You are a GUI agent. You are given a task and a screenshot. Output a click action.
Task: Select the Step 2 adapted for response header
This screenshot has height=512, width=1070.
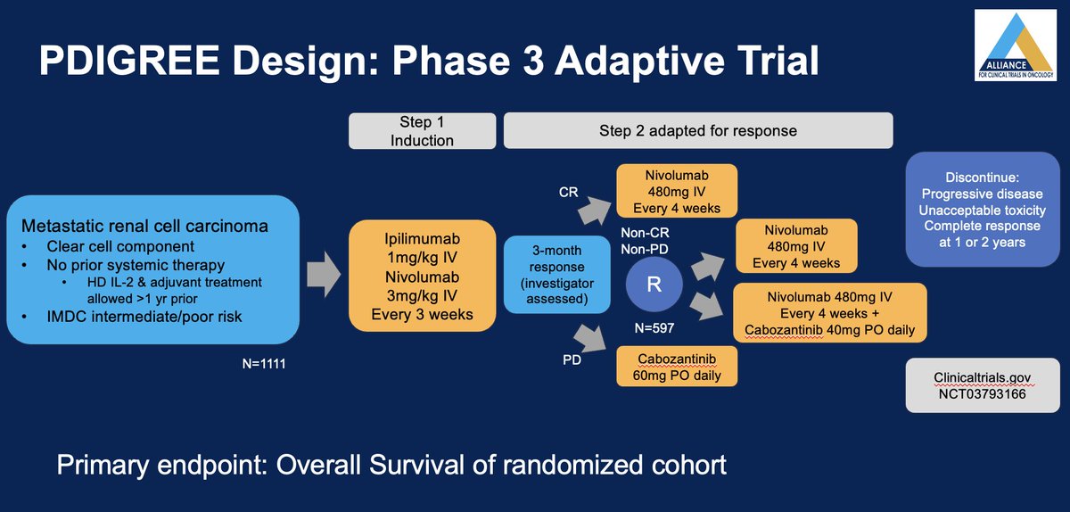pyautogui.click(x=698, y=130)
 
